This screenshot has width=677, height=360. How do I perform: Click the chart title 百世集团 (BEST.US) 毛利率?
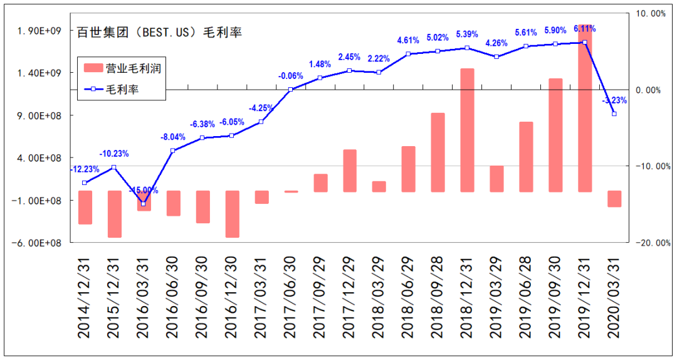click(159, 33)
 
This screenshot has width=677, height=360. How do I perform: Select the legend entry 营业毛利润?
click(123, 68)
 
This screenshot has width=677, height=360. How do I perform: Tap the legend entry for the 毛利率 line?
click(123, 89)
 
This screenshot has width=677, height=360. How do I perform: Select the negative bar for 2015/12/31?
click(114, 214)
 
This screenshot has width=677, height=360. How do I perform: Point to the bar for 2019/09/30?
click(555, 135)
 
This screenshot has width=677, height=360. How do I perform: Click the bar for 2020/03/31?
click(614, 199)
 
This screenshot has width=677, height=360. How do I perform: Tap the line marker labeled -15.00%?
click(143, 204)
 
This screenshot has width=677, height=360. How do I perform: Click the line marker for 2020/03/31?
click(614, 114)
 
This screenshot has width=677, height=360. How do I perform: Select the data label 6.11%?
click(584, 29)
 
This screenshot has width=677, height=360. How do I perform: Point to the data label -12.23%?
click(84, 169)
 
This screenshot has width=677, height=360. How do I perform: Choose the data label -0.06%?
click(290, 76)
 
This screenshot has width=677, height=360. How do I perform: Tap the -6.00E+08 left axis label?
click(38, 243)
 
